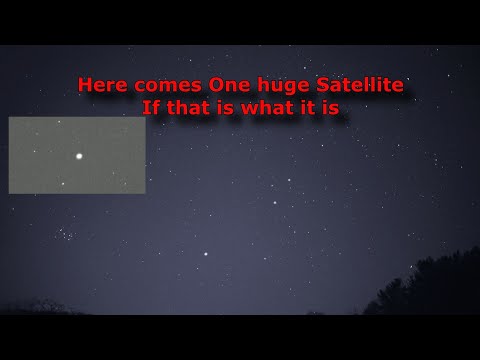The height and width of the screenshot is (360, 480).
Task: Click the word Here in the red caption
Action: (103, 85)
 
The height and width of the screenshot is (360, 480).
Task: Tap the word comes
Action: (168, 86)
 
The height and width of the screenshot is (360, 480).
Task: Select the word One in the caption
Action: (230, 85)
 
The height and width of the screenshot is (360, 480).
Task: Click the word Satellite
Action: (360, 85)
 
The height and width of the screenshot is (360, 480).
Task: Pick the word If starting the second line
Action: (151, 107)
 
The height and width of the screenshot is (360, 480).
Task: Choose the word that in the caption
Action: (189, 107)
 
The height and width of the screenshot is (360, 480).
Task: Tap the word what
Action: (270, 107)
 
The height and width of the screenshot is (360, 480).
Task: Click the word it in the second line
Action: (310, 107)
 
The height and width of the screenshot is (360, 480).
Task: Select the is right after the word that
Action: (225, 107)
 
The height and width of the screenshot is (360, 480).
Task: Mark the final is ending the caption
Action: (331, 107)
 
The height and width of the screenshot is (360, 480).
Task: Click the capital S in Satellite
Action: (323, 85)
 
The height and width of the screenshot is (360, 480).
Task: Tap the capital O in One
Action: (217, 85)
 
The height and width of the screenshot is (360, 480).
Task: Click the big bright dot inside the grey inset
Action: (79, 156)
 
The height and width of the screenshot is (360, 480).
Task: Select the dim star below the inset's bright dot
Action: (63, 184)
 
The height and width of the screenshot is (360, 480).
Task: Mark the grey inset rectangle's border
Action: (77, 117)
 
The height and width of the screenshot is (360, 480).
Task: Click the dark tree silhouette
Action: (430, 287)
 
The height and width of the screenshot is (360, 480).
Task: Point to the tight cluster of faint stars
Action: (64, 234)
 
